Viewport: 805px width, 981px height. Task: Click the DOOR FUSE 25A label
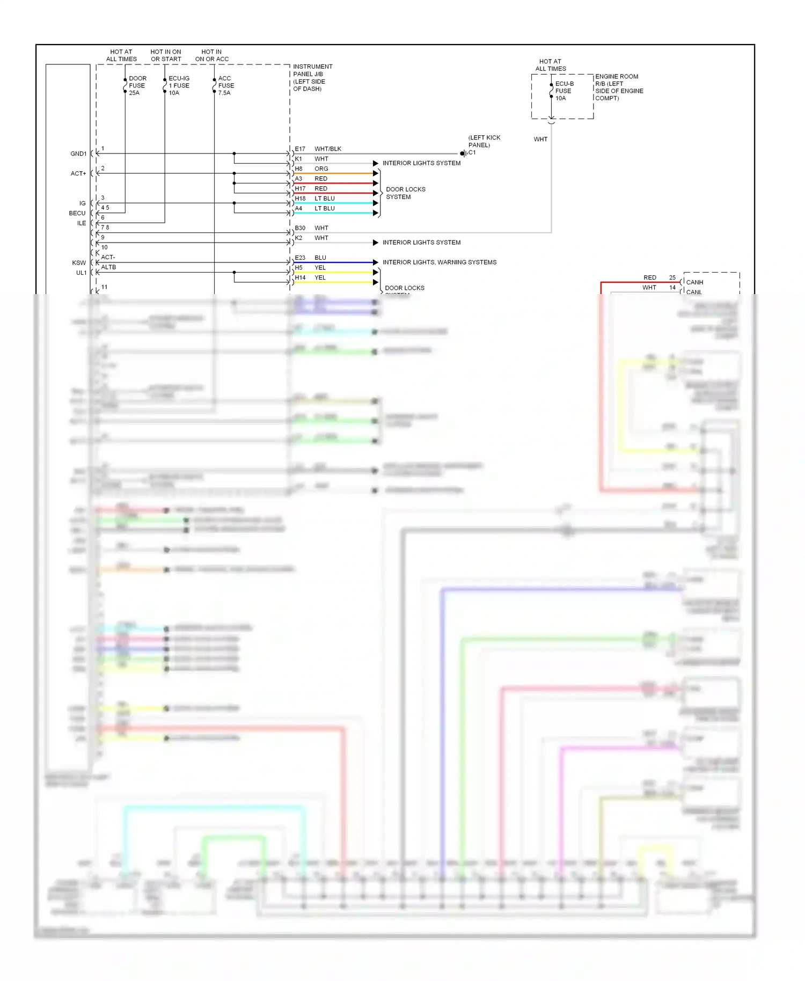click(137, 85)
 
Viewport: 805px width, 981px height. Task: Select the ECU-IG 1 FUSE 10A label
click(179, 85)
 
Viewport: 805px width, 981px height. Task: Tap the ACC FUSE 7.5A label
click(225, 85)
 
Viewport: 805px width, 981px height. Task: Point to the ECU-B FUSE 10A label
click(563, 91)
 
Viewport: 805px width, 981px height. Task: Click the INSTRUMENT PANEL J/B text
click(312, 70)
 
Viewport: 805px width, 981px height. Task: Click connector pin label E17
click(300, 149)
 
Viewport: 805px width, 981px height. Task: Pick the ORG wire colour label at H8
click(321, 169)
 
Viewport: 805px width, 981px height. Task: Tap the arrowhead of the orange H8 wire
click(376, 173)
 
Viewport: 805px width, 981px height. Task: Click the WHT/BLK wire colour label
click(327, 149)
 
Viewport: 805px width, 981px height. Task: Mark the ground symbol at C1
click(463, 153)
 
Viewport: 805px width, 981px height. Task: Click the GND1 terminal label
click(78, 153)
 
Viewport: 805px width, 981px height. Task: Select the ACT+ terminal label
click(78, 173)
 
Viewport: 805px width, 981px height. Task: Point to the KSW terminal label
click(79, 263)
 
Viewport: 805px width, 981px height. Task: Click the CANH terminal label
click(694, 282)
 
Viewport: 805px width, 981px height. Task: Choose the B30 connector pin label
click(300, 228)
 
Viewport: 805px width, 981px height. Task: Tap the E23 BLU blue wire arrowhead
click(376, 262)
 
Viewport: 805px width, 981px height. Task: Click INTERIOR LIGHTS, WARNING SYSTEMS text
click(440, 262)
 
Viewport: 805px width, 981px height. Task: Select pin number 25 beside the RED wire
click(672, 277)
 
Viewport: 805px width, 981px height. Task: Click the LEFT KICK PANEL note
click(484, 141)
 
